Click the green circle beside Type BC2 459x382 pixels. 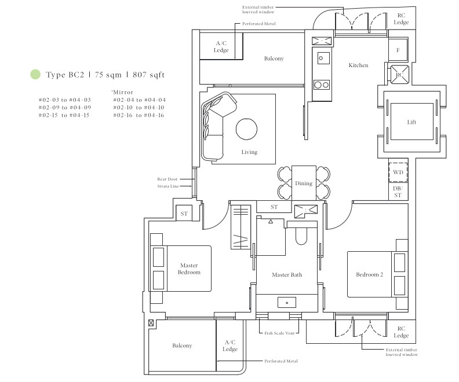tap(35, 74)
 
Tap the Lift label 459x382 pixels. tap(411, 122)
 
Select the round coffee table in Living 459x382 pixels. tap(246, 129)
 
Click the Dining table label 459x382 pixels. tap(304, 183)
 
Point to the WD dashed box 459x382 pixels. tap(398, 172)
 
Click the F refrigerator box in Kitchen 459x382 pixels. tap(398, 50)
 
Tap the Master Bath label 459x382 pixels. tap(287, 275)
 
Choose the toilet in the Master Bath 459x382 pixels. tap(301, 236)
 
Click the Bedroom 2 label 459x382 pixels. tap(369, 274)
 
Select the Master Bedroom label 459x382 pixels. tap(189, 269)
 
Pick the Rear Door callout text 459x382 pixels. tap(167, 179)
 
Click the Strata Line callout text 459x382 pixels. tap(167, 186)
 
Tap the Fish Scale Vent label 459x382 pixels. tap(279, 333)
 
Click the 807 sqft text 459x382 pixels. tap(149, 75)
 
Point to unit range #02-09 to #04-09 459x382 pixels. tap(65, 108)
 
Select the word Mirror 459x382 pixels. tap(123, 93)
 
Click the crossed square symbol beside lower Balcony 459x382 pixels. tap(151, 322)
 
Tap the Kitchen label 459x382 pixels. tap(358, 65)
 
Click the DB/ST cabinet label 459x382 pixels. tap(398, 192)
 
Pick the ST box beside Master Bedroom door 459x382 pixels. tap(184, 214)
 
